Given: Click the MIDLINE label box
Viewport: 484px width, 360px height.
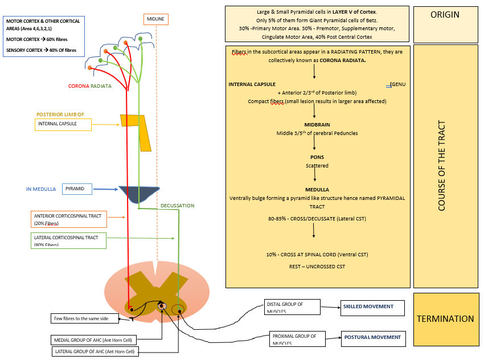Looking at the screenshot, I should (156, 19).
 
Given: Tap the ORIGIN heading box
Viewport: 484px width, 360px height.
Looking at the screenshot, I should (445, 15).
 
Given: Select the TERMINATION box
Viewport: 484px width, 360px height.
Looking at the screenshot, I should (446, 319).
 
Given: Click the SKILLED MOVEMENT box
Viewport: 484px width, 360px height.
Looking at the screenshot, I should (372, 307).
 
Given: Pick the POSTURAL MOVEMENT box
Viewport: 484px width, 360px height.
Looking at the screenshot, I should (373, 338).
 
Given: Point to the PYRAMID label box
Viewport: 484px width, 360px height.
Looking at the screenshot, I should (76, 188).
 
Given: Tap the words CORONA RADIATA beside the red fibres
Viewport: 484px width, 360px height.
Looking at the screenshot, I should (97, 86).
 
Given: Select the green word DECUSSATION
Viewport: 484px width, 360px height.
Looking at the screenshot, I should (177, 206).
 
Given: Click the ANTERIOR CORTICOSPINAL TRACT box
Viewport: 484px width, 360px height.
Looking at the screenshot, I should (68, 219).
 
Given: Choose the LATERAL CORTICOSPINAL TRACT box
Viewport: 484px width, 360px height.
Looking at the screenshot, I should (68, 240).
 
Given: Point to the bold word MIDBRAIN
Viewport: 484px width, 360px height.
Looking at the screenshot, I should (317, 124).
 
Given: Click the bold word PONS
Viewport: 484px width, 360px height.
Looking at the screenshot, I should (317, 157).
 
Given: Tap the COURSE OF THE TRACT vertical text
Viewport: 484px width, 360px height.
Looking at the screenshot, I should (442, 166).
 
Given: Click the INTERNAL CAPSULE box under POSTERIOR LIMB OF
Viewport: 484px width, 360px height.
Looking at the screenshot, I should (63, 124).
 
